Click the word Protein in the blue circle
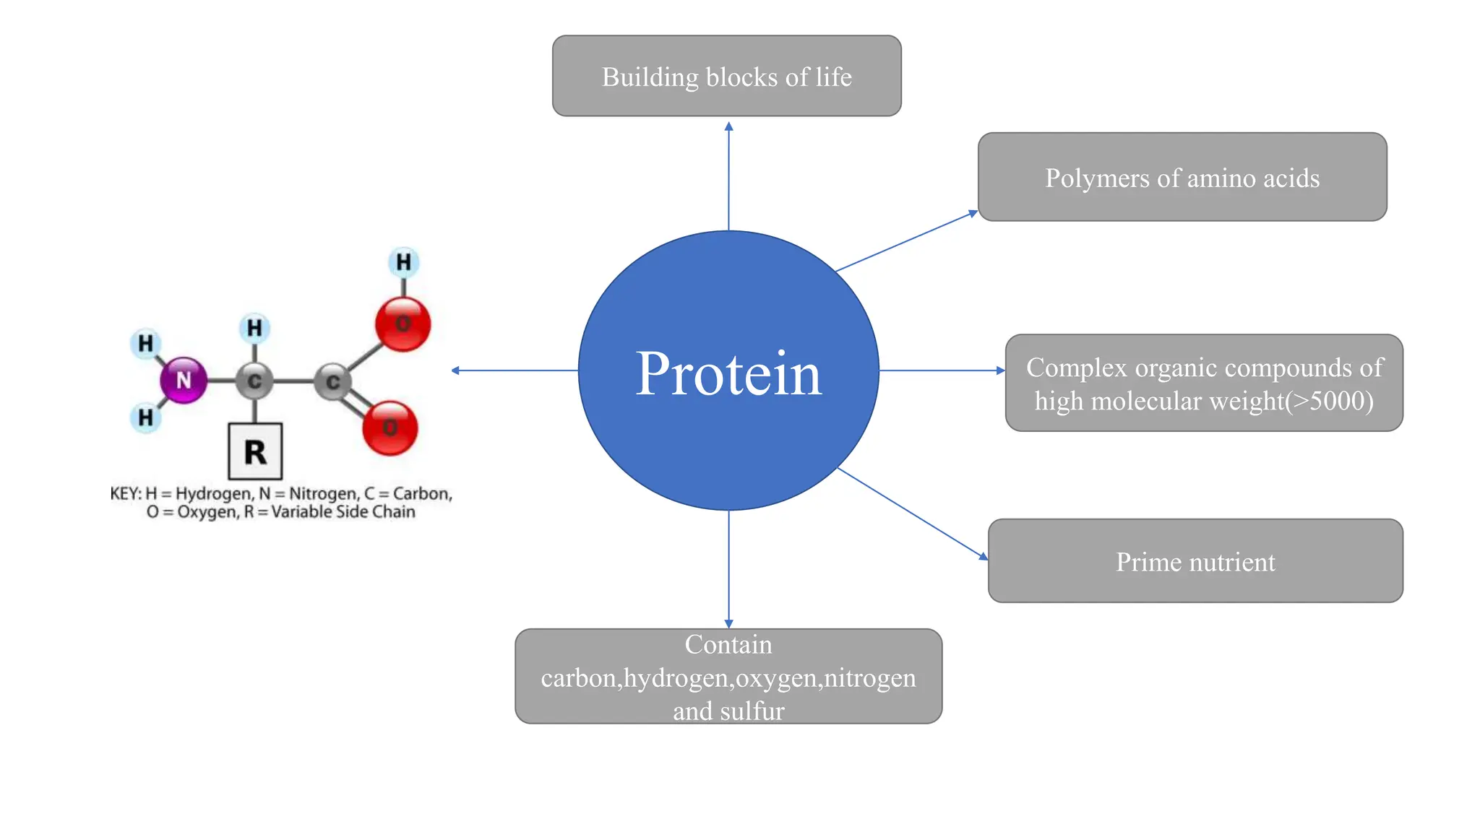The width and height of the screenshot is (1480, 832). click(x=728, y=373)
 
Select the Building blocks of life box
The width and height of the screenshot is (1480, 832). click(x=726, y=76)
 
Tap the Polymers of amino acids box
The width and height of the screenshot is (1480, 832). click(x=1182, y=177)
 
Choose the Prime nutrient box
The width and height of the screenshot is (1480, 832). click(x=1195, y=561)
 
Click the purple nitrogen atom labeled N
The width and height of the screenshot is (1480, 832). click(x=184, y=380)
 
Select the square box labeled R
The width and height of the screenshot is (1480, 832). click(x=255, y=452)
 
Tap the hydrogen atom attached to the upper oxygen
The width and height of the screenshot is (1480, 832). click(x=403, y=262)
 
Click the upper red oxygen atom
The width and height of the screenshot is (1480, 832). click(x=403, y=324)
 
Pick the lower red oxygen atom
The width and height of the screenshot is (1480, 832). click(x=390, y=428)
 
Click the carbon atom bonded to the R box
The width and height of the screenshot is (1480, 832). click(x=254, y=381)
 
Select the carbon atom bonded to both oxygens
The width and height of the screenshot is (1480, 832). click(x=332, y=381)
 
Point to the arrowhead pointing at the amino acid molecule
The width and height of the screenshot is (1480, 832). click(x=455, y=370)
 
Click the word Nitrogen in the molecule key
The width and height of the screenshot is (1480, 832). click(x=323, y=493)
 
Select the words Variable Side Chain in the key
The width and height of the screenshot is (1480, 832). click(x=343, y=512)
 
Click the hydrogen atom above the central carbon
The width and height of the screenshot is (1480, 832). click(x=254, y=329)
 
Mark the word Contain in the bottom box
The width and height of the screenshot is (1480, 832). click(x=728, y=644)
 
